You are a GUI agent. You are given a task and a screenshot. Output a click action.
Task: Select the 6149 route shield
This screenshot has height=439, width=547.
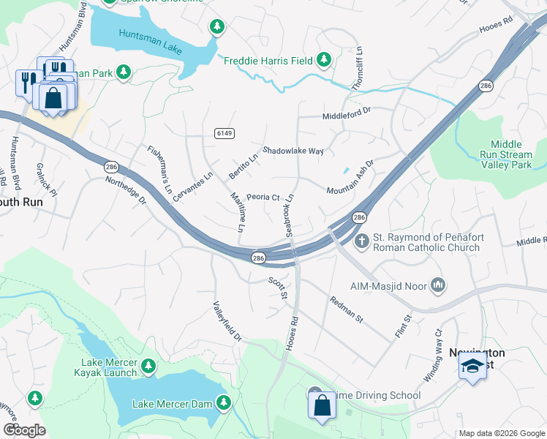point(225,132)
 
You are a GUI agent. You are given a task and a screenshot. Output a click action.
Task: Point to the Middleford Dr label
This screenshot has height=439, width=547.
point(347,116)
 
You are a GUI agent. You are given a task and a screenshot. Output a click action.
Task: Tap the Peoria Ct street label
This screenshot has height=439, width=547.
point(263,197)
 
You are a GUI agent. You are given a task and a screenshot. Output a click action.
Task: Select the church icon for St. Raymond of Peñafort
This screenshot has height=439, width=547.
point(361,241)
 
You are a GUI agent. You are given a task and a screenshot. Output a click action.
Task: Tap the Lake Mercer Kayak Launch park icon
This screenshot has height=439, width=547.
point(148,365)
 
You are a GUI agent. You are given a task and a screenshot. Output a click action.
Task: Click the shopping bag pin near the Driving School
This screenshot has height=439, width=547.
point(322,405)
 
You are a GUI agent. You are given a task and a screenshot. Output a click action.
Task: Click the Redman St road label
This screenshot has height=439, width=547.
point(346,309)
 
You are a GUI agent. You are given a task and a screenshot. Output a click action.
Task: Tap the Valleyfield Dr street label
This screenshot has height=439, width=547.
point(227,322)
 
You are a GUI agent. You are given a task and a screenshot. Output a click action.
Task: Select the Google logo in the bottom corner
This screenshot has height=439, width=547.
point(24,430)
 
